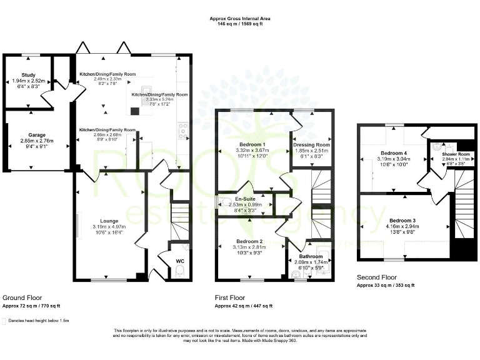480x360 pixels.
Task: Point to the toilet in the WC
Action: [x=178, y=270]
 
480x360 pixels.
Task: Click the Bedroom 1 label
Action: [x=235, y=144]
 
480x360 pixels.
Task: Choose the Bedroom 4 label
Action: [x=394, y=153]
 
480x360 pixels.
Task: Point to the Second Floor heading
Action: [x=376, y=277]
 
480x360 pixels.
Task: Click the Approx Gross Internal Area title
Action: [x=239, y=19]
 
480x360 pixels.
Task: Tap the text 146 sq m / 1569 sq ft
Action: [x=239, y=25]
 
